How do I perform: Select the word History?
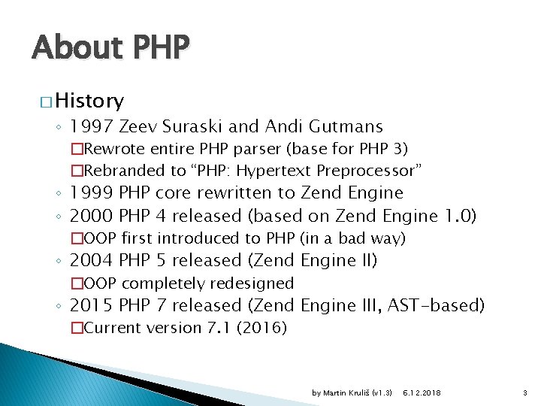[89, 100]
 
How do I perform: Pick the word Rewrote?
[113, 149]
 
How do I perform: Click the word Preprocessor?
[370, 171]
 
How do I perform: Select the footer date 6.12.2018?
[422, 393]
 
